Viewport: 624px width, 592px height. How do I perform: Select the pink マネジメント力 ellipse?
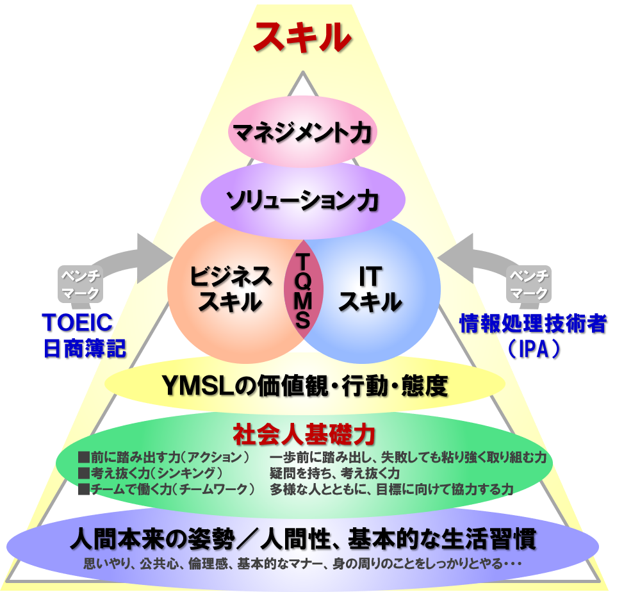302,133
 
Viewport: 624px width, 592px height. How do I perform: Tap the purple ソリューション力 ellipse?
302,201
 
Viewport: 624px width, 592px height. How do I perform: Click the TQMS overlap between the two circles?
302,288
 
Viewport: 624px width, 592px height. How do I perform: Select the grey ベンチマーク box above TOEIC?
80,284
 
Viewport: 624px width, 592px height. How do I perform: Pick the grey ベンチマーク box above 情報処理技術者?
529,284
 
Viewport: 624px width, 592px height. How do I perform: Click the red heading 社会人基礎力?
303,434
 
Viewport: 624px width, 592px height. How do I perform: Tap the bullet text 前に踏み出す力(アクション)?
163,458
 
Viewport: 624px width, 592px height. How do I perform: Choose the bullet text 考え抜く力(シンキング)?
150,473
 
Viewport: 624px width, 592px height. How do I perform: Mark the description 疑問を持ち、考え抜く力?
335,473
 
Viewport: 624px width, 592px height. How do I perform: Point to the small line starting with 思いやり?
302,564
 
